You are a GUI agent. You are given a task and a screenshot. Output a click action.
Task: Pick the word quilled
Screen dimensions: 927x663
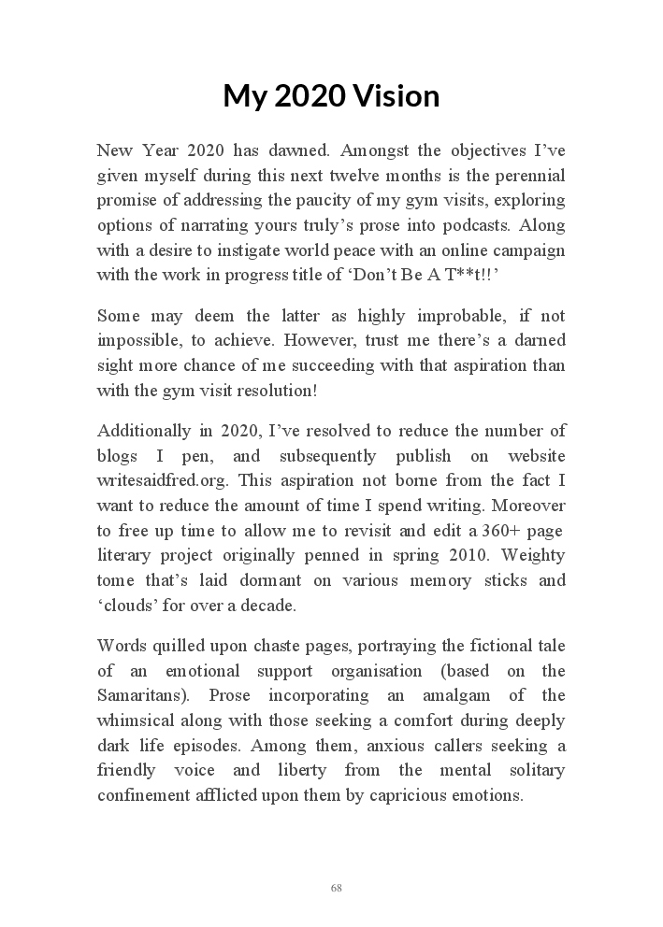coord(180,646)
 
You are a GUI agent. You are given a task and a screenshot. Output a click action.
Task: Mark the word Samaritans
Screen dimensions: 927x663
coord(144,696)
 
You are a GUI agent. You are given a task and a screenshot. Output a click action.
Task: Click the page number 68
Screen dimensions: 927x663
coord(336,888)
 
